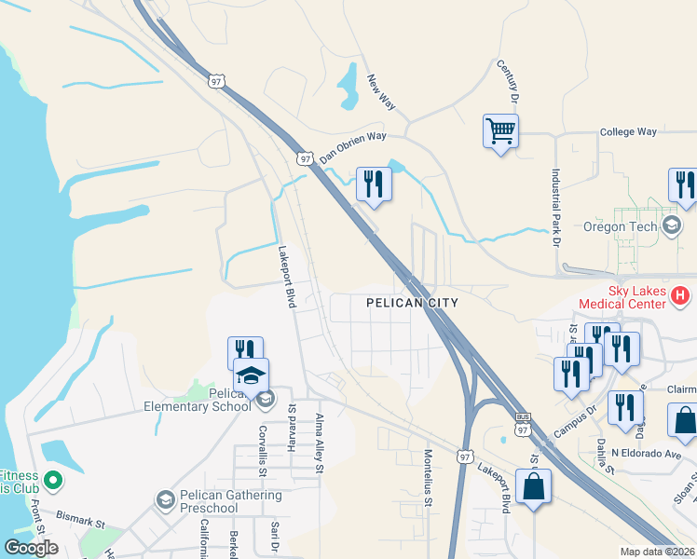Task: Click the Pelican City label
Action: click(x=412, y=303)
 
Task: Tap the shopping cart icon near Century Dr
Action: click(x=500, y=130)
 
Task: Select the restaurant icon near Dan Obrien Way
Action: click(x=374, y=184)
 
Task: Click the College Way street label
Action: click(x=628, y=133)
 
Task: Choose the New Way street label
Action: click(x=382, y=92)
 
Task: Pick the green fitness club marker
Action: click(x=53, y=482)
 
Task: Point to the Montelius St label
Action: click(x=429, y=477)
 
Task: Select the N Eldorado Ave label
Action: click(x=648, y=455)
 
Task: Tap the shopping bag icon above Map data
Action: click(x=533, y=486)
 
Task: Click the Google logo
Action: click(x=32, y=549)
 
